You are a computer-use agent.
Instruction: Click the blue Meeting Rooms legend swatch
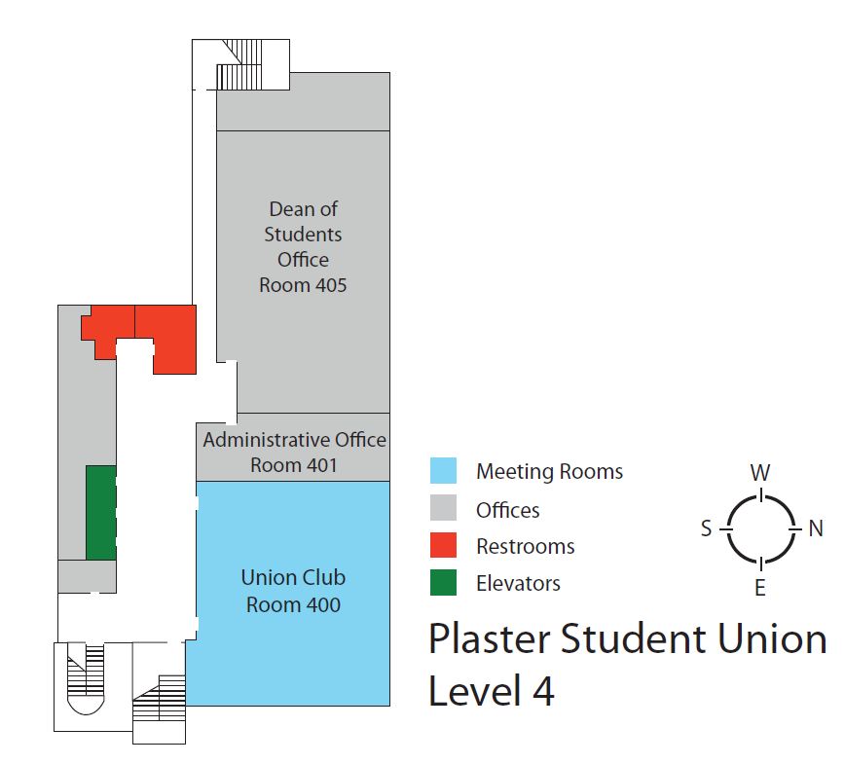pyautogui.click(x=444, y=471)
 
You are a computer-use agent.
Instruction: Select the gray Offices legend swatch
pyautogui.click(x=444, y=509)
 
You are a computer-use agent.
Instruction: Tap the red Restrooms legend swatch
pyautogui.click(x=444, y=546)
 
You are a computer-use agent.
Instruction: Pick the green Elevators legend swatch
pyautogui.click(x=444, y=582)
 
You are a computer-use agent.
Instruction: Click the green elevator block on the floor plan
pyautogui.click(x=101, y=512)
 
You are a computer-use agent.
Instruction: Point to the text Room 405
pyautogui.click(x=303, y=285)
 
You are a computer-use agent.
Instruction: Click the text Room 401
pyautogui.click(x=293, y=464)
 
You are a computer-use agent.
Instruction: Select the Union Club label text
pyautogui.click(x=293, y=577)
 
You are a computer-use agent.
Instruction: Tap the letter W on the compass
pyautogui.click(x=760, y=473)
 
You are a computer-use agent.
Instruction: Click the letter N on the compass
pyautogui.click(x=816, y=528)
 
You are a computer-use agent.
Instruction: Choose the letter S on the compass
pyautogui.click(x=706, y=528)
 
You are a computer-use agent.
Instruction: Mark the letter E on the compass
pyautogui.click(x=760, y=587)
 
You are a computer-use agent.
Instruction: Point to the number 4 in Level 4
pyautogui.click(x=541, y=691)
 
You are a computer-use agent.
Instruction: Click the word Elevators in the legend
pyautogui.click(x=518, y=583)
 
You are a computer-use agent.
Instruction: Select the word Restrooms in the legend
pyautogui.click(x=525, y=546)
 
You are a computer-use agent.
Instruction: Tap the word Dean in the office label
pyautogui.click(x=290, y=208)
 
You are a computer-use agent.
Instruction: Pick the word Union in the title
pyautogui.click(x=766, y=639)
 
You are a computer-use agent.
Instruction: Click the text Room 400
pyautogui.click(x=293, y=604)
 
